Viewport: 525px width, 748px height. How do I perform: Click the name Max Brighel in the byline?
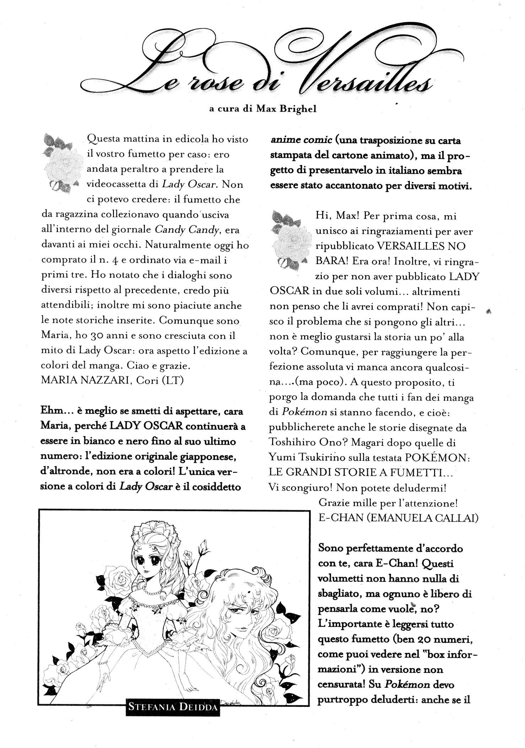286,109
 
